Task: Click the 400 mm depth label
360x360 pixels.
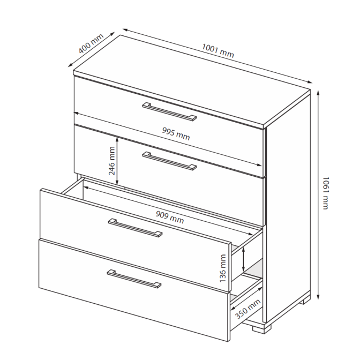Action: click(x=91, y=43)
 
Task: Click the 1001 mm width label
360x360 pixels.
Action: click(x=218, y=51)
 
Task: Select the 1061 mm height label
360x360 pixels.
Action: click(x=326, y=193)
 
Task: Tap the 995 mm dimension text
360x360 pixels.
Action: click(x=176, y=133)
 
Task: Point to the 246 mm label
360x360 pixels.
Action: click(x=111, y=161)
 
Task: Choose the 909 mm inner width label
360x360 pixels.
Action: click(x=170, y=217)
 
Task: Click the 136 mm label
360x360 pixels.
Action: click(x=223, y=268)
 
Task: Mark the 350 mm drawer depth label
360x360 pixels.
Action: click(x=247, y=309)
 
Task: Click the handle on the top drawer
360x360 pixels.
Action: click(x=169, y=111)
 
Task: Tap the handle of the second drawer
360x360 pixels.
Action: click(x=169, y=161)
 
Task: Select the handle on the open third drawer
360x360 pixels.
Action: click(x=135, y=228)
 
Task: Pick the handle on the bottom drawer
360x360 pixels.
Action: click(x=134, y=279)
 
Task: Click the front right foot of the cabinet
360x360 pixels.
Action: click(x=262, y=328)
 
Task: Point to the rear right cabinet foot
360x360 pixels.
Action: click(x=305, y=301)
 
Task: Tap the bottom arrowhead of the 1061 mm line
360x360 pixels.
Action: click(x=318, y=297)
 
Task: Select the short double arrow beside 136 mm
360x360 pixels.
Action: click(x=243, y=259)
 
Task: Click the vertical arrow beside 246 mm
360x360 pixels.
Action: click(x=117, y=161)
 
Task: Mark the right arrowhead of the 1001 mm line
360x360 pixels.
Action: click(x=310, y=82)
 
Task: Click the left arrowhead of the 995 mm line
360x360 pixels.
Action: click(x=77, y=113)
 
